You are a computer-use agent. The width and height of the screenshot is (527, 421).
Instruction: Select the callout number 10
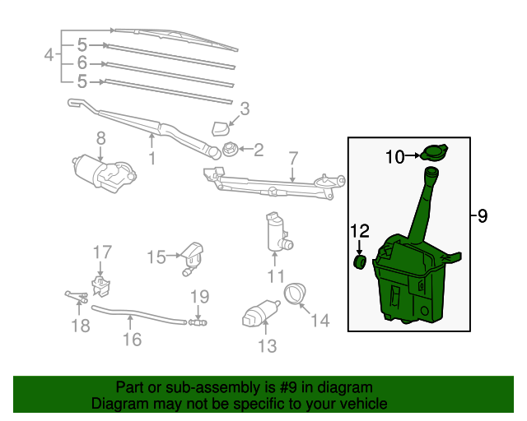(395, 155)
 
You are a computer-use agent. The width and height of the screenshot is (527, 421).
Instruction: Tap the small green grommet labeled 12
(359, 261)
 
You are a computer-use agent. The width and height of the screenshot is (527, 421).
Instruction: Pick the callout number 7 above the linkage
(292, 156)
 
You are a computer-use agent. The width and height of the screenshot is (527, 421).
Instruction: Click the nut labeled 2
(230, 150)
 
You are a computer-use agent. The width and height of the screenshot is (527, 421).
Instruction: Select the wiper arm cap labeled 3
(221, 127)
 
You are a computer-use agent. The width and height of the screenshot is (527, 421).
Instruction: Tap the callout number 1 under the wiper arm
(152, 156)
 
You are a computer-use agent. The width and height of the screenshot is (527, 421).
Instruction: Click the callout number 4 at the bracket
(49, 55)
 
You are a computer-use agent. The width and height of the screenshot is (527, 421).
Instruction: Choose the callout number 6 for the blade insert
(82, 62)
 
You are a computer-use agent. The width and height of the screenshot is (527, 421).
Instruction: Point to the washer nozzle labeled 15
(192, 256)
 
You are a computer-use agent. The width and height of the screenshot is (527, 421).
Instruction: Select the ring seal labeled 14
(294, 291)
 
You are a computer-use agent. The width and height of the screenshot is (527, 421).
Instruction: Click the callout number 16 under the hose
(132, 338)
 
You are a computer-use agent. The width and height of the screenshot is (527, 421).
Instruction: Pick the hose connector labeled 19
(197, 322)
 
